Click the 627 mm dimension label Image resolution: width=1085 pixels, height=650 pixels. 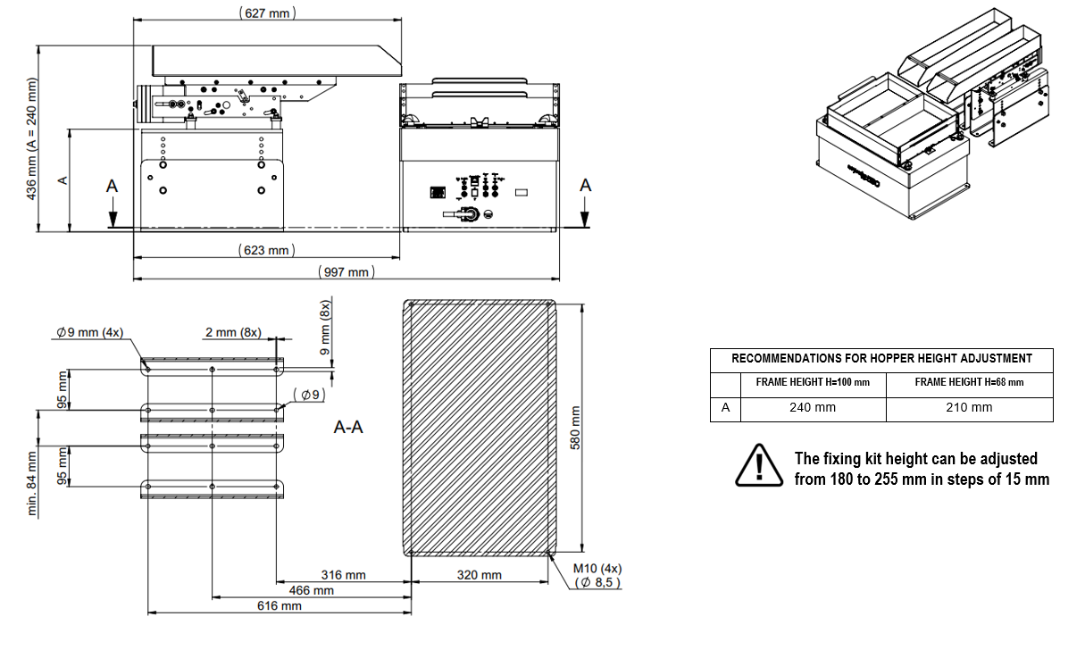click(x=268, y=13)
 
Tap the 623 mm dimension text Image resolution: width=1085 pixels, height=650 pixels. click(x=266, y=250)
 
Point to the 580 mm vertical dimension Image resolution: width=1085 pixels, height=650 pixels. click(x=575, y=429)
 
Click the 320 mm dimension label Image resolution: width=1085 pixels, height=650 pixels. click(x=479, y=576)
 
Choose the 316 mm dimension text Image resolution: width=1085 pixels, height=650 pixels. click(x=344, y=576)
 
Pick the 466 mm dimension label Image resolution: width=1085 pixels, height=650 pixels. click(x=312, y=591)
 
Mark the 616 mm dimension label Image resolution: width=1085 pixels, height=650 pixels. click(x=279, y=606)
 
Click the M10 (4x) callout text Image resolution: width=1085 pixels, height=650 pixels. click(x=597, y=568)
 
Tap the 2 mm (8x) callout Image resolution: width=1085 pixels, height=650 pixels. click(x=235, y=332)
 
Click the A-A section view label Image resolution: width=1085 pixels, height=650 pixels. click(x=348, y=428)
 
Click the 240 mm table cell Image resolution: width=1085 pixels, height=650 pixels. click(x=813, y=408)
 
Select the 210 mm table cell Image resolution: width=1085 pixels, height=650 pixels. click(x=969, y=408)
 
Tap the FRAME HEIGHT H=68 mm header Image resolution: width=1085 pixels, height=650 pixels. click(x=969, y=382)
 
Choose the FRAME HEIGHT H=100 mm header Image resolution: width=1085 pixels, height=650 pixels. click(x=813, y=382)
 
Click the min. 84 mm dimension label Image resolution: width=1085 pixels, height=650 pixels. click(x=32, y=482)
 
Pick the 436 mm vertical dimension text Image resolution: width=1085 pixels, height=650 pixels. click(x=32, y=138)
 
